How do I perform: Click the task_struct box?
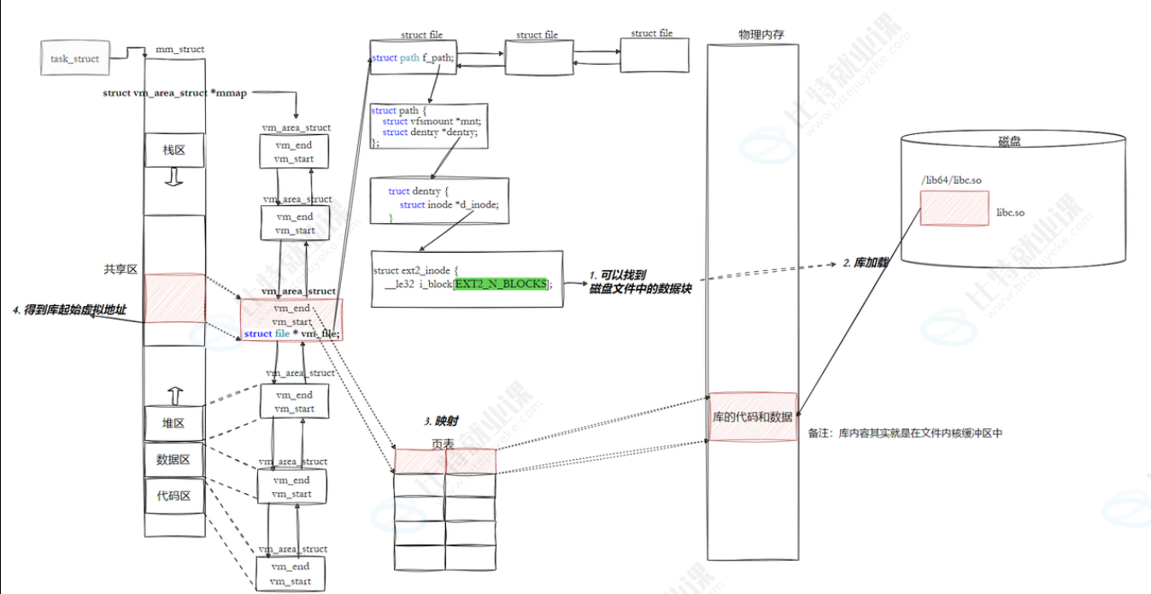[x=75, y=59]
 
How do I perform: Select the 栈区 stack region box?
[x=174, y=150]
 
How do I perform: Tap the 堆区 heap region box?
[x=174, y=423]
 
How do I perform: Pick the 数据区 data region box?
[x=174, y=459]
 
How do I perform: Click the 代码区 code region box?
[x=174, y=495]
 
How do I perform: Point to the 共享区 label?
[x=120, y=269]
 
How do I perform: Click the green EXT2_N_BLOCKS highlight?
[x=500, y=283]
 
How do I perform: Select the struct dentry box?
[x=439, y=201]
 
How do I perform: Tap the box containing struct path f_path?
[x=414, y=58]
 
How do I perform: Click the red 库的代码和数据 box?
[x=753, y=417]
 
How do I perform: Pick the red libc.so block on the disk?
[x=954, y=209]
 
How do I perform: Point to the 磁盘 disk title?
[x=1009, y=142]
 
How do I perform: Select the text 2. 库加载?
[x=866, y=262]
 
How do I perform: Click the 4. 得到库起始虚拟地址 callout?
[x=69, y=309]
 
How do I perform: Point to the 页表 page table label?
[x=444, y=444]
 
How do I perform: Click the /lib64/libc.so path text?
[x=950, y=181]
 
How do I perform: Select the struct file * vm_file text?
[x=291, y=334]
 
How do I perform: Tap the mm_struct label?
[x=179, y=49]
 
